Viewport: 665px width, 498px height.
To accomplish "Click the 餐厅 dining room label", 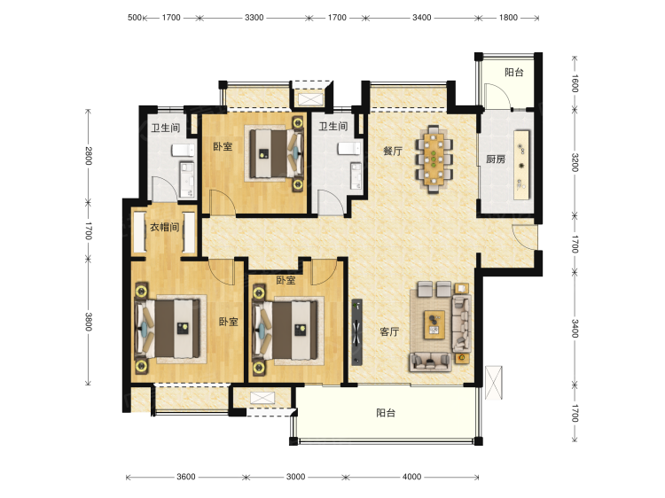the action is [x=392, y=151].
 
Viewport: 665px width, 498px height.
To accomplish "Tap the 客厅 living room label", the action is [x=389, y=331].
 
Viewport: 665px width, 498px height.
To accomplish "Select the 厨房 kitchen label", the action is [x=496, y=160].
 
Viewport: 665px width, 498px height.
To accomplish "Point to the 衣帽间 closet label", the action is [x=164, y=227].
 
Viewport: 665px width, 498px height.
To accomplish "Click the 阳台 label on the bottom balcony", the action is [x=386, y=413].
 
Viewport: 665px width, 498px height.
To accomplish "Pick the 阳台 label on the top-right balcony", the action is [x=514, y=73].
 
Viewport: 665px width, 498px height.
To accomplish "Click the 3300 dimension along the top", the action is [x=254, y=18].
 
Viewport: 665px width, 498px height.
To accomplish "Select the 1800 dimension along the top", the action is [x=508, y=18].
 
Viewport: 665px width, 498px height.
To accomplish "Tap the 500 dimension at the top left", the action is [x=135, y=18].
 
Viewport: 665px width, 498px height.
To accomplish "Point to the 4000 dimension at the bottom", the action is [x=411, y=477].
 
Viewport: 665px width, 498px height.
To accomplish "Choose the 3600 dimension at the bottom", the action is [x=186, y=477].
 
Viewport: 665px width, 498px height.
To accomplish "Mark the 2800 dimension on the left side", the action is [x=88, y=156].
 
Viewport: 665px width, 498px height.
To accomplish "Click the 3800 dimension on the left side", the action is [x=88, y=322].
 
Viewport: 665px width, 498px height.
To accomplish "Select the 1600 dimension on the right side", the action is [x=575, y=83].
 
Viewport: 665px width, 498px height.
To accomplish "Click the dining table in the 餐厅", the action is [x=434, y=160].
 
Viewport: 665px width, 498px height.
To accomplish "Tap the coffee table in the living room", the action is [x=434, y=325].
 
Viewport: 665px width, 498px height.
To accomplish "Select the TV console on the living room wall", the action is [x=357, y=332].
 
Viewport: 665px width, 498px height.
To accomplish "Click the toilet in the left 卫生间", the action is [x=184, y=151].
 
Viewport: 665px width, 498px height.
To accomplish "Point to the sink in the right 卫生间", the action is [x=356, y=175].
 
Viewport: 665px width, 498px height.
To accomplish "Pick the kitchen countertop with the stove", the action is [x=521, y=165].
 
